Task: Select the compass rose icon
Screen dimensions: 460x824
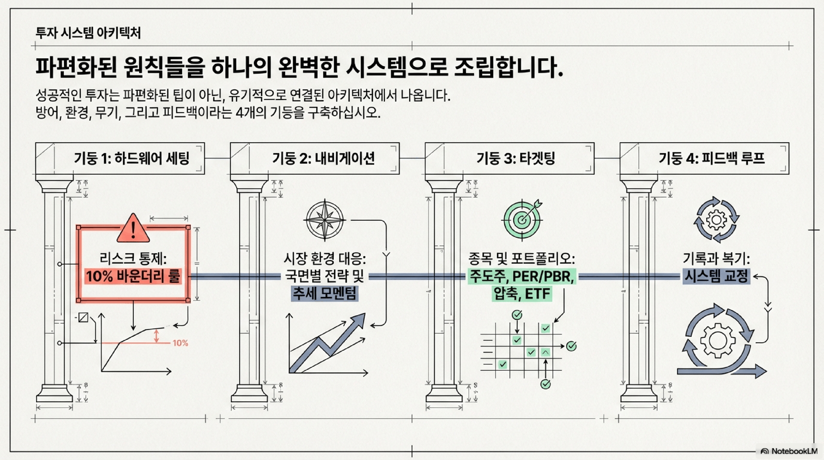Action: pyautogui.click(x=325, y=220)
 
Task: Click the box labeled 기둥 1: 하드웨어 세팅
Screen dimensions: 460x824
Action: pyautogui.click(x=120, y=158)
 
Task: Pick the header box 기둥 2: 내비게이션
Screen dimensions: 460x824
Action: pyautogui.click(x=315, y=158)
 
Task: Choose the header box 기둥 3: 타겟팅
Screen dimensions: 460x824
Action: pyautogui.click(x=510, y=158)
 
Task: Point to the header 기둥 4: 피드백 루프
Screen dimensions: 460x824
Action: pyautogui.click(x=704, y=158)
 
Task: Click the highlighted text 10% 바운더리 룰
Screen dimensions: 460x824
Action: pyautogui.click(x=133, y=276)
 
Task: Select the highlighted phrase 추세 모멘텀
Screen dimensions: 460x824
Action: pyautogui.click(x=325, y=294)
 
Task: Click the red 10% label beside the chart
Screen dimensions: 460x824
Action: pyautogui.click(x=180, y=343)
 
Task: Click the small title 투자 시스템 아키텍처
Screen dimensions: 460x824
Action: pyautogui.click(x=88, y=33)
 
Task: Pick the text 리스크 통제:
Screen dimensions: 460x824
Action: pyautogui.click(x=133, y=259)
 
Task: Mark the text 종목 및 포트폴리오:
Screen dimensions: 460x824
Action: pyautogui.click(x=522, y=259)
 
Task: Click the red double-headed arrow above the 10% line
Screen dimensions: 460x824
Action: pyautogui.click(x=156, y=336)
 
